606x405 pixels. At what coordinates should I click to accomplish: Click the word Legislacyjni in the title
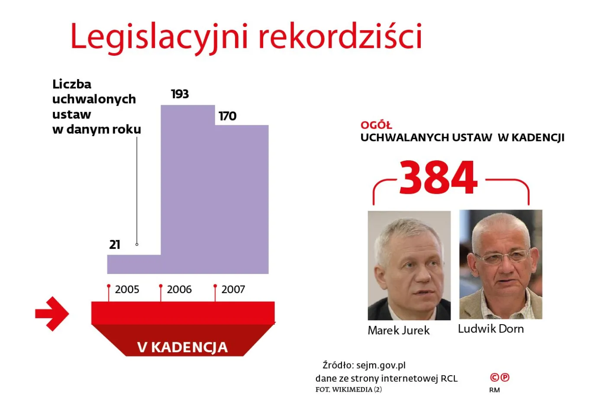[159, 36]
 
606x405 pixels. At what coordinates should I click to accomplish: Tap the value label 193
[180, 94]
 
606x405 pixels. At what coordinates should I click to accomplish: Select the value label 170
[227, 116]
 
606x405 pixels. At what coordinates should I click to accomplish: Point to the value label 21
[114, 245]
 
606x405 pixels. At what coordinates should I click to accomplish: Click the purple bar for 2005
[134, 264]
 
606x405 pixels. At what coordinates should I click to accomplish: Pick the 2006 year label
[179, 290]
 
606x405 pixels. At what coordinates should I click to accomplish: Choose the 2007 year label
[233, 290]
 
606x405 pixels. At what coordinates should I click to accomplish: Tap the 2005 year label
[127, 290]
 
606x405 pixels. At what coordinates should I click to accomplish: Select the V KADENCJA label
[182, 347]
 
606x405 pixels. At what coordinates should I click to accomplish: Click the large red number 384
[438, 178]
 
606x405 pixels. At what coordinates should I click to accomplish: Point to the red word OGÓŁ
[376, 125]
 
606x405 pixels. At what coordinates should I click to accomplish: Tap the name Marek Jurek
[398, 331]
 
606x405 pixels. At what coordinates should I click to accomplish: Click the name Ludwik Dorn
[490, 329]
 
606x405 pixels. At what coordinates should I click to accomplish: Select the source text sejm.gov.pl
[381, 365]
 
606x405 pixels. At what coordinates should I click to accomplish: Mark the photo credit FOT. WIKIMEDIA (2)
[348, 389]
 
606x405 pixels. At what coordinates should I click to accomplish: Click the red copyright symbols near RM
[500, 377]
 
